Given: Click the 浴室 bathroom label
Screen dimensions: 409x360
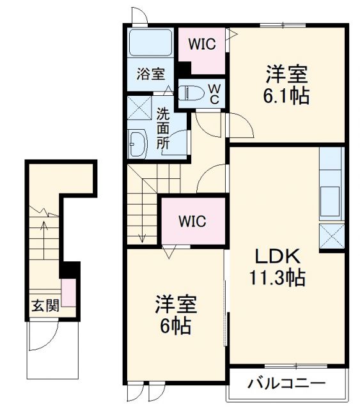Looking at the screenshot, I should coord(150,73).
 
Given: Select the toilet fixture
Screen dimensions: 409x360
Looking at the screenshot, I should coord(190,94).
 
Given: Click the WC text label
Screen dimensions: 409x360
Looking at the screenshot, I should coord(215,93).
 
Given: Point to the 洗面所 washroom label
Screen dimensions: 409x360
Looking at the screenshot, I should coord(164,128).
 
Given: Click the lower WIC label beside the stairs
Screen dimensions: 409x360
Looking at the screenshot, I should coord(192,222).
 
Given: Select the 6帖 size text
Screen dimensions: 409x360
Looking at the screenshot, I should coord(175,326).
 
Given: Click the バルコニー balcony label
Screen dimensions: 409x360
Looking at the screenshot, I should coord(286,384).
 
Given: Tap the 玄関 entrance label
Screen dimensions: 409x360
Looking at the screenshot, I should coord(45,305).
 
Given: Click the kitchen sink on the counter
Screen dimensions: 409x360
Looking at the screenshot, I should coord(331,198).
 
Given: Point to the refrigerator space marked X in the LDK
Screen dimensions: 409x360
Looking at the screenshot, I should coord(331,237).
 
